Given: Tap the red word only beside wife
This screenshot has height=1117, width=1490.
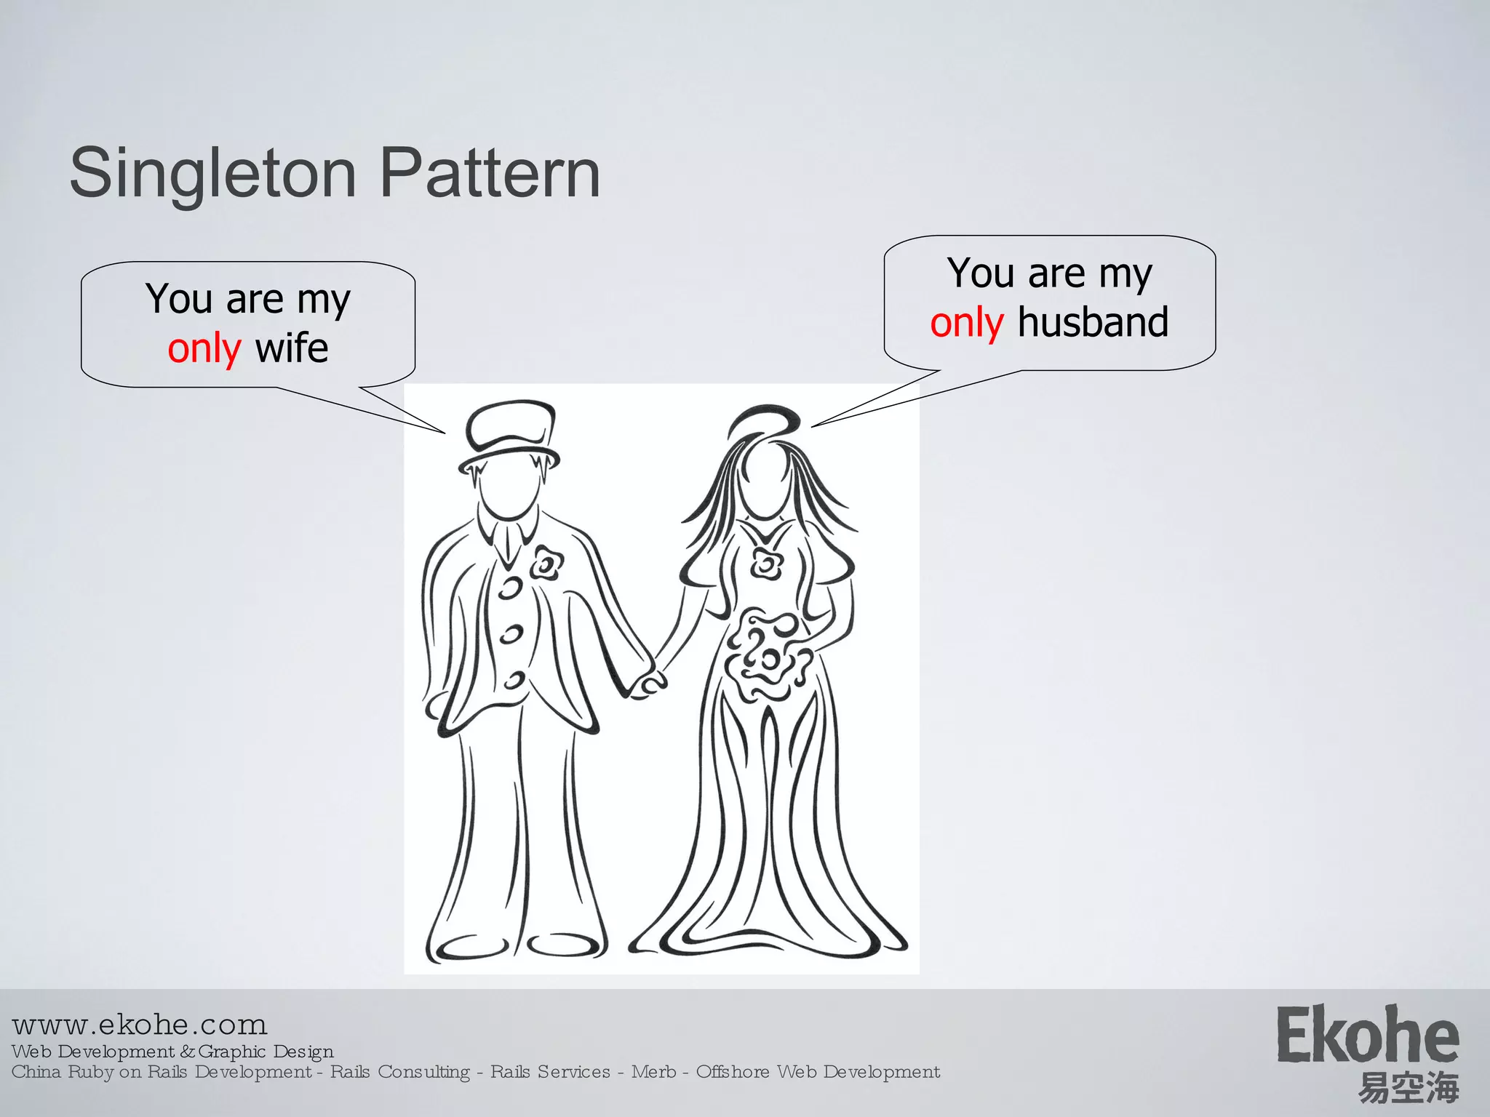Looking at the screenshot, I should tap(204, 348).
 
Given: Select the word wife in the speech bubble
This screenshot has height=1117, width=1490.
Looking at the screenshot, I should tap(292, 348).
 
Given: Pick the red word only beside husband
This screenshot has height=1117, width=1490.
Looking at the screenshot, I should tap(967, 322).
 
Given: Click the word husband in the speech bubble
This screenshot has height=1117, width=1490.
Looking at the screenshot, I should tap(1093, 321).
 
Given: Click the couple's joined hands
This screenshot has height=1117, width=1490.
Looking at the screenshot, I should tap(647, 684).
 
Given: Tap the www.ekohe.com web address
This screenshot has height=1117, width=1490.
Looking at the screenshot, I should tap(140, 1025).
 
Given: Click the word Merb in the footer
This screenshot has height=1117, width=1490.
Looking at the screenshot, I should tap(653, 1072).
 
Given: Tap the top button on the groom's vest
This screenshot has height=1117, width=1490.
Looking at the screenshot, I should tap(511, 588).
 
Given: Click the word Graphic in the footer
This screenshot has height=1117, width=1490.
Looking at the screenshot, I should tap(232, 1052).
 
